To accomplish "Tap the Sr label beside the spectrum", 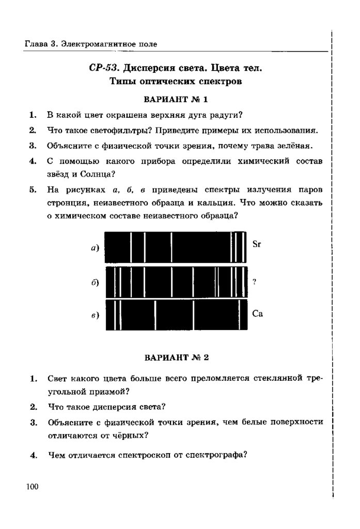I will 257,244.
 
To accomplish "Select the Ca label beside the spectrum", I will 257,314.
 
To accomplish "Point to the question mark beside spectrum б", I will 254,282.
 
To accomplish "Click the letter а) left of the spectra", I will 95,248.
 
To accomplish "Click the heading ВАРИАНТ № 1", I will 176,99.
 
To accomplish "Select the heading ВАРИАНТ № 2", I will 176,357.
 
